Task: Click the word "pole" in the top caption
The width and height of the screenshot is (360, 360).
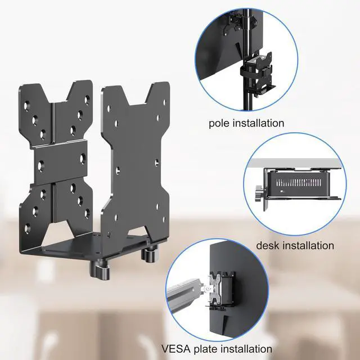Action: pos(219,123)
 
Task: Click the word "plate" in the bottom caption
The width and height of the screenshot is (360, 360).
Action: pos(210,349)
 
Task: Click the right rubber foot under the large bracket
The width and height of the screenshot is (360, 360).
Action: pos(150,254)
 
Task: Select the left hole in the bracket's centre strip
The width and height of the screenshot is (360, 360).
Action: pos(40,165)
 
